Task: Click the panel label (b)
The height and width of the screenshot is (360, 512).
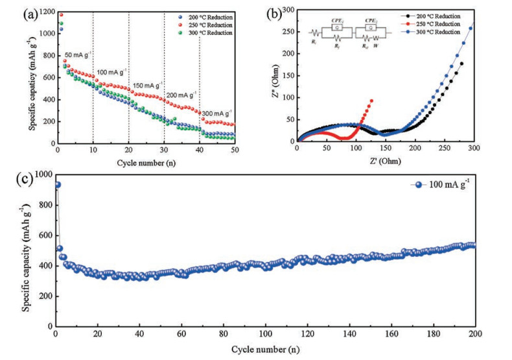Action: pos(271,12)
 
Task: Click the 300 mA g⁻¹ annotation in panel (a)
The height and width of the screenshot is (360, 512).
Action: pos(215,114)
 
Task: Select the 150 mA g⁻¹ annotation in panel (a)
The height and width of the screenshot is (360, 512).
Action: pos(146,85)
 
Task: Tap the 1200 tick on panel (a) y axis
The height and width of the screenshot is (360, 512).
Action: pos(45,12)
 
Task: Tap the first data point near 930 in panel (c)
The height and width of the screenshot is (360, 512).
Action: pos(57,185)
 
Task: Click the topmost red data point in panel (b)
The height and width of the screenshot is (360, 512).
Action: pos(371,101)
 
